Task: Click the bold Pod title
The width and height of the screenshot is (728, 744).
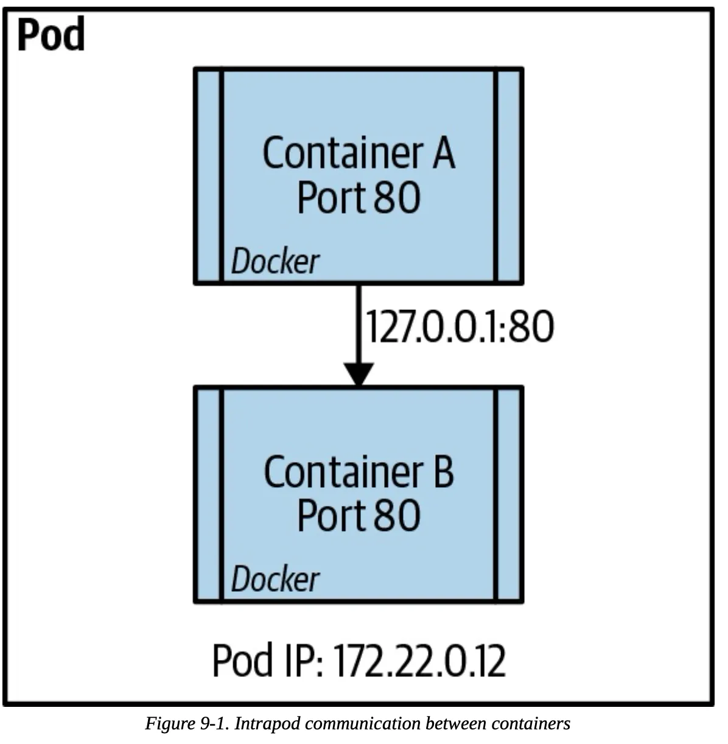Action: [51, 35]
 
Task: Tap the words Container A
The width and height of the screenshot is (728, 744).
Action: [359, 153]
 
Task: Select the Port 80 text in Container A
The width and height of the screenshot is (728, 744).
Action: [359, 197]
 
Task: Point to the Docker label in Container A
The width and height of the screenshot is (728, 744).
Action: [275, 262]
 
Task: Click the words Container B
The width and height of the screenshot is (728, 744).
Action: [359, 472]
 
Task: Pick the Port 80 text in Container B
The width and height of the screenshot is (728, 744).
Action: [359, 516]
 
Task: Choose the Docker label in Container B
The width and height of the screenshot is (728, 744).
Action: [275, 579]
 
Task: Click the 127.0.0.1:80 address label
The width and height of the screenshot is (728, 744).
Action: [460, 326]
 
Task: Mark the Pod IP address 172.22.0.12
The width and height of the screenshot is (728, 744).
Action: [420, 661]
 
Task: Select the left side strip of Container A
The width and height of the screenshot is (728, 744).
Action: [208, 176]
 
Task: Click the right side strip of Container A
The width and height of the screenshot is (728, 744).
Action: [509, 176]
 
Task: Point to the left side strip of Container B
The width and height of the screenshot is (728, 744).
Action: [208, 494]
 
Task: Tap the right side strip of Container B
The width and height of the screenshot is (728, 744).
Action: [509, 494]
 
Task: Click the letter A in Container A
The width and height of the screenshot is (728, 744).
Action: [444, 153]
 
